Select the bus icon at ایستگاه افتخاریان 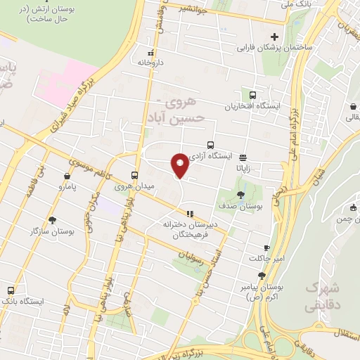[x=252, y=96]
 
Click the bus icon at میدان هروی [x=135, y=175]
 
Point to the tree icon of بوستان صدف [x=241, y=195]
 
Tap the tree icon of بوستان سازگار [x=53, y=220]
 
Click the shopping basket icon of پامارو [x=67, y=176]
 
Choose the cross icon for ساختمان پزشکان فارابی [x=274, y=37]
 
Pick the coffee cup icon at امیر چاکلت [x=266, y=247]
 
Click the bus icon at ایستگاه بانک [x=11, y=290]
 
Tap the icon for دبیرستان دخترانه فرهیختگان [x=188, y=213]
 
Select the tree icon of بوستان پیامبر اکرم [x=262, y=276]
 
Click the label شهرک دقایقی [x=323, y=297]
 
